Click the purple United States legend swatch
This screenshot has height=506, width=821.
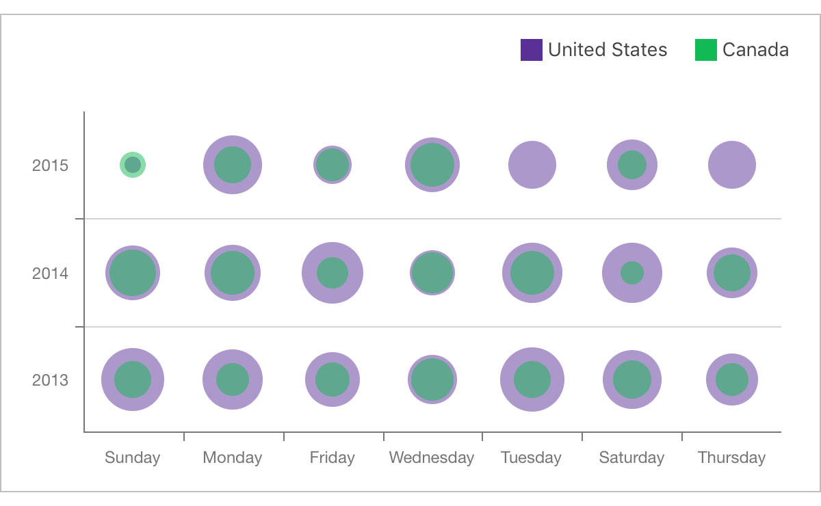pyautogui.click(x=532, y=50)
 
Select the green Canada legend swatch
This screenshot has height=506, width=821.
pyautogui.click(x=706, y=50)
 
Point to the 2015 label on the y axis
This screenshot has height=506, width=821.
pyautogui.click(x=50, y=165)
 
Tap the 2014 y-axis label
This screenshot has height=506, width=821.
pyautogui.click(x=50, y=274)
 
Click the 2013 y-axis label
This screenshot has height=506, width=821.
pyautogui.click(x=50, y=380)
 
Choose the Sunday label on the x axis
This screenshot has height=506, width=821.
pyautogui.click(x=133, y=458)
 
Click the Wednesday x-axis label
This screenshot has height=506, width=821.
pyautogui.click(x=432, y=458)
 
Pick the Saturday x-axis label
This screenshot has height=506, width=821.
pyautogui.click(x=631, y=458)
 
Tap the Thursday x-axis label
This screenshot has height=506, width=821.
pyautogui.click(x=731, y=458)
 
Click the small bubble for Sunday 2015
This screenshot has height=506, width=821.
pyautogui.click(x=133, y=165)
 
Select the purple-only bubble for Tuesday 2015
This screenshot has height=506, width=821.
pyautogui.click(x=532, y=165)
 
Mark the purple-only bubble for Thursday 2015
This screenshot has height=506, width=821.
pyautogui.click(x=732, y=165)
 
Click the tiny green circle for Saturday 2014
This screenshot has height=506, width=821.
pyautogui.click(x=632, y=273)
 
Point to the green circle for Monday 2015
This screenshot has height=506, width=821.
pyautogui.click(x=233, y=165)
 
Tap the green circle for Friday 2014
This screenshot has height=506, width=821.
pyautogui.click(x=333, y=273)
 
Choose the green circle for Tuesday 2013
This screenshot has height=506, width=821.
pyautogui.click(x=532, y=379)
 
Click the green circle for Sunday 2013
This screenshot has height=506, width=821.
pyautogui.click(x=133, y=379)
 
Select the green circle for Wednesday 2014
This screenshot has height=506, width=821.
pyautogui.click(x=432, y=273)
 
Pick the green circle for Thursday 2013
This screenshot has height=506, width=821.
pyautogui.click(x=732, y=379)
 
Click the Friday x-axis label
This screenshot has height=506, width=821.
pyautogui.click(x=333, y=458)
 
